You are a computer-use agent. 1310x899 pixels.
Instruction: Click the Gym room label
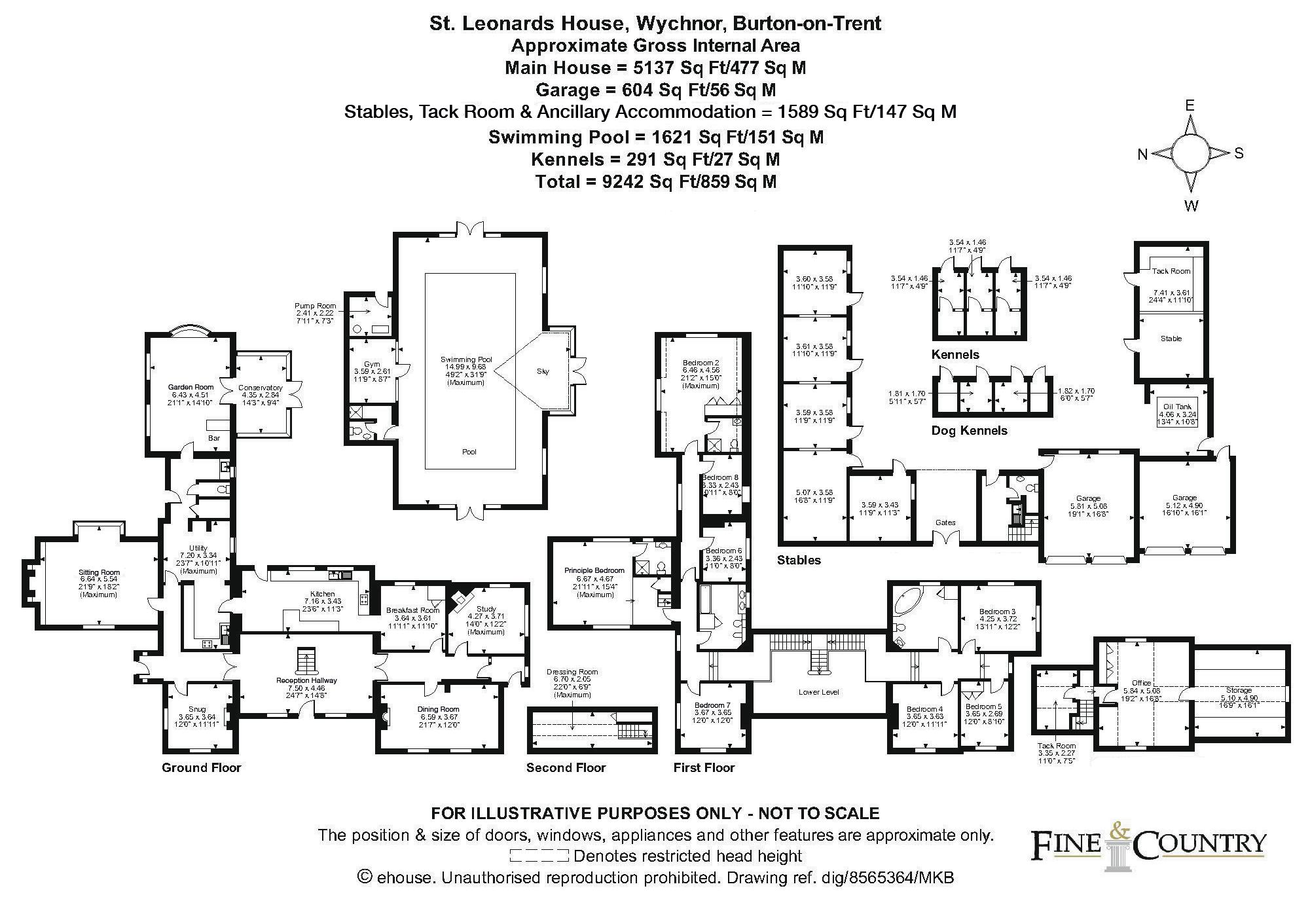pos(371,364)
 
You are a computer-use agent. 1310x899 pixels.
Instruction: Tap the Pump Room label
pos(316,306)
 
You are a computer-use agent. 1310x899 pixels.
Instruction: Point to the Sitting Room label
pos(99,572)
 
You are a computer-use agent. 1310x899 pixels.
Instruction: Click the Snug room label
pos(196,709)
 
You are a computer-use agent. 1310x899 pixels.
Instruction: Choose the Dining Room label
pos(438,709)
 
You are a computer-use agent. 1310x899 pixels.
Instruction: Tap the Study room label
pos(486,609)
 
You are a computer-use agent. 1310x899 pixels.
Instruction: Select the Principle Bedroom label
pos(594,570)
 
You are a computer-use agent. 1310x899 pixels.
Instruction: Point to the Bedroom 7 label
pos(712,705)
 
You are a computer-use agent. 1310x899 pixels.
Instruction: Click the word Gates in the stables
pos(945,523)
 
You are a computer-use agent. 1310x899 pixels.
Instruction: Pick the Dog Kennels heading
pos(969,430)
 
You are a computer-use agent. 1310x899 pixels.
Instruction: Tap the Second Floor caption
pos(566,767)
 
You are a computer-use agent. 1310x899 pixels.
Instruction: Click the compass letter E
pos(1190,105)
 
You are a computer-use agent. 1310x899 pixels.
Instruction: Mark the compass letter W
pos(1191,206)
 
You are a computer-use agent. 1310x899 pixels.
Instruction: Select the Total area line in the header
pos(655,181)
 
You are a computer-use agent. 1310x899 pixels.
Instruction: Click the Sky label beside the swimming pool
pos(542,371)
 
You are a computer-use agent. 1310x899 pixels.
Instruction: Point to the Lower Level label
pos(818,692)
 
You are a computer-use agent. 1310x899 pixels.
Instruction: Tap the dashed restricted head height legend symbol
pos(538,856)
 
